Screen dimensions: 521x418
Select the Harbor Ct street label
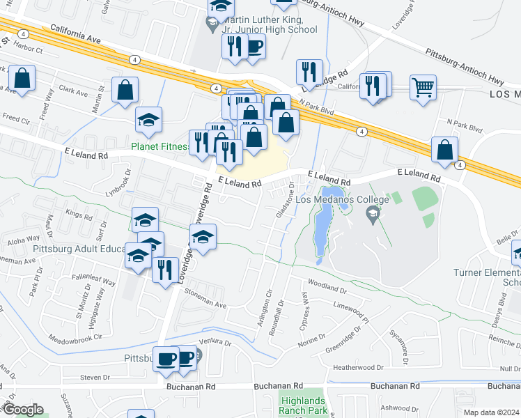(x=29, y=50)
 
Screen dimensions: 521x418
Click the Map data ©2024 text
(x=491, y=412)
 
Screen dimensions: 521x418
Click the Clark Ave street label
(x=73, y=92)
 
